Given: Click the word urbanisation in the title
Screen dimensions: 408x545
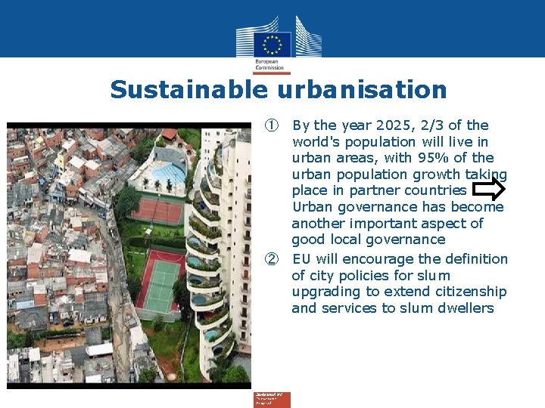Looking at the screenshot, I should click(x=362, y=90).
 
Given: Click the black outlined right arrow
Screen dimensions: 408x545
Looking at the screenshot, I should click(x=493, y=190).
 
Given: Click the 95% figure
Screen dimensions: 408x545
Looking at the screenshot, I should click(x=434, y=158).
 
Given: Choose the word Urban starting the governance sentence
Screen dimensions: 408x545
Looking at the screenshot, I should click(x=312, y=207).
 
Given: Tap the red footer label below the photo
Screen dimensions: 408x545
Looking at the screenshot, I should click(x=271, y=398).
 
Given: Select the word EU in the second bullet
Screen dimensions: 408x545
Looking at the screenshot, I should click(x=301, y=259).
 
